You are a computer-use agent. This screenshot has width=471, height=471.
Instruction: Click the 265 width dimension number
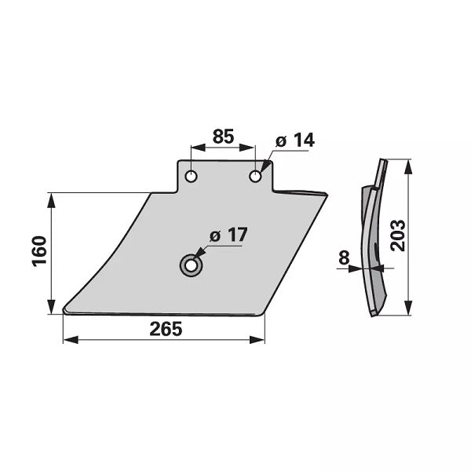coord(166,329)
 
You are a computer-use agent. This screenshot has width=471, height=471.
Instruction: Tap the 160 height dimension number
coord(39,251)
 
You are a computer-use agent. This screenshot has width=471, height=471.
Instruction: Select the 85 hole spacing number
coord(223,137)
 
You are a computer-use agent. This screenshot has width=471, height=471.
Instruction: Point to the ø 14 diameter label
coord(294,141)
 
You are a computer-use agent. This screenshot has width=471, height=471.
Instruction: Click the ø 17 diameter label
coord(228,235)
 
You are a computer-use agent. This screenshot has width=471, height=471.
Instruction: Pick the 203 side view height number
coord(398,235)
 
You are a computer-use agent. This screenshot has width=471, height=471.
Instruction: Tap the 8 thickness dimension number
coord(344,257)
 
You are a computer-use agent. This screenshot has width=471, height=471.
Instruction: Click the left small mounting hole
coord(191,177)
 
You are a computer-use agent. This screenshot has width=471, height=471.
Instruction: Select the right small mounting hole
coord(255,177)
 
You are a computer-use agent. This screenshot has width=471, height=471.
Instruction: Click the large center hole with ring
coord(191,265)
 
